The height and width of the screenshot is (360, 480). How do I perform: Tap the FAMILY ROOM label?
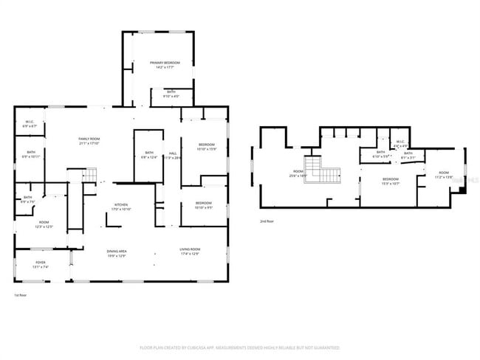pyautogui.click(x=90, y=139)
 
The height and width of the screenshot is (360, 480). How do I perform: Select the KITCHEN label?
pyautogui.click(x=122, y=205)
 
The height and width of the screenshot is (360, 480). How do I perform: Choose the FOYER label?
pyautogui.click(x=41, y=263)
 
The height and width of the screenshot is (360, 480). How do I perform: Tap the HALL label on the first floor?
pyautogui.click(x=172, y=153)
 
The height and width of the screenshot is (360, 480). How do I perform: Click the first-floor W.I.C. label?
pyautogui.click(x=30, y=122)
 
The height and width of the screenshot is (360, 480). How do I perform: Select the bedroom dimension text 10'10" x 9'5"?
pyautogui.click(x=204, y=208)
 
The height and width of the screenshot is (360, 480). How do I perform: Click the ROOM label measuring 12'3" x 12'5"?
pyautogui.click(x=44, y=222)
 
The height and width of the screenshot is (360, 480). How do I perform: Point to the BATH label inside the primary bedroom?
pyautogui.click(x=171, y=91)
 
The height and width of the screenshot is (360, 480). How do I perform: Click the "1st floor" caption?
pyautogui.click(x=21, y=295)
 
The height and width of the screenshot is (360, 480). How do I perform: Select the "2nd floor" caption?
pyautogui.click(x=266, y=221)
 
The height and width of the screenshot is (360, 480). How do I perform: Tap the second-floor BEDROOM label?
pyautogui.click(x=390, y=179)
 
